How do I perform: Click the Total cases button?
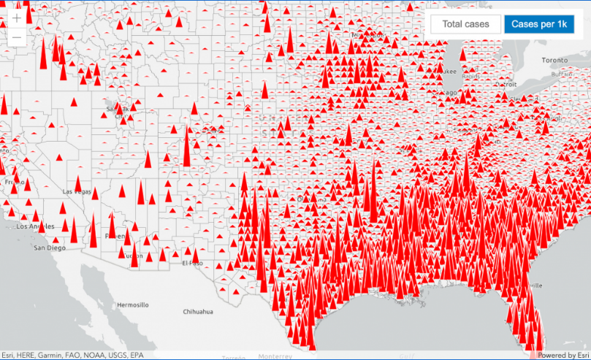tap(465, 24)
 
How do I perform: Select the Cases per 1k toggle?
tap(538, 24)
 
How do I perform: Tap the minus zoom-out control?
tap(17, 37)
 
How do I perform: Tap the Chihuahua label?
tap(198, 311)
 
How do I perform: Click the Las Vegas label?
tap(78, 191)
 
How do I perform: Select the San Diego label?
tap(50, 248)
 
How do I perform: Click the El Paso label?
tap(192, 262)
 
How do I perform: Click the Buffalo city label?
tap(562, 74)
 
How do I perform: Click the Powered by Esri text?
tap(563, 355)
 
